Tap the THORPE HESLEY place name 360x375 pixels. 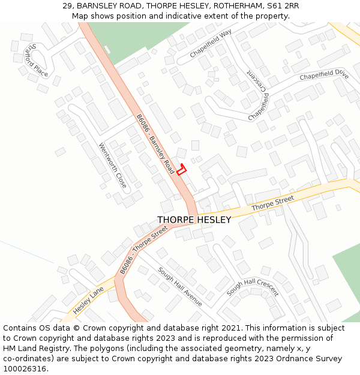pos(194,220)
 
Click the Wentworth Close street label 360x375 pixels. pos(113,165)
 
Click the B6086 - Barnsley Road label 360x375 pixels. pos(155,145)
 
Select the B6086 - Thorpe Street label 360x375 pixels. pos(143,250)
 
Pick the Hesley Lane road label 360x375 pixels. pos(88,301)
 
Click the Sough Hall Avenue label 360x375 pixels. pos(180,287)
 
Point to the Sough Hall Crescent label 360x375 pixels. pos(252,283)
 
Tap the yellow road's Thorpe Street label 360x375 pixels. pos(272,203)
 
